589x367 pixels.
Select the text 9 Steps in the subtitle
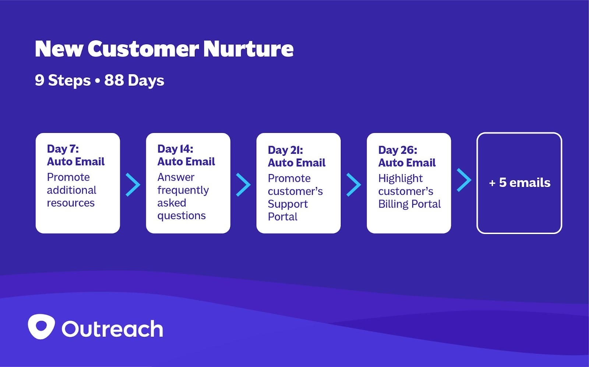[63, 81]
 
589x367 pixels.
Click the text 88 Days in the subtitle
[134, 81]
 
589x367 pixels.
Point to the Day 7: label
[63, 149]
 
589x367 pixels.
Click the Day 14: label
[175, 149]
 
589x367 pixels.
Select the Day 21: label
[286, 150]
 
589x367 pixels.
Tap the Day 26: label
[398, 150]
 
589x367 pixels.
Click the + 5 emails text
[519, 183]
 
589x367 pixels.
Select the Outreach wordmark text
[112, 329]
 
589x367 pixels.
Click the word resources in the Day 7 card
[71, 203]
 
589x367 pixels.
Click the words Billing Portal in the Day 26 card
[410, 204]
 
